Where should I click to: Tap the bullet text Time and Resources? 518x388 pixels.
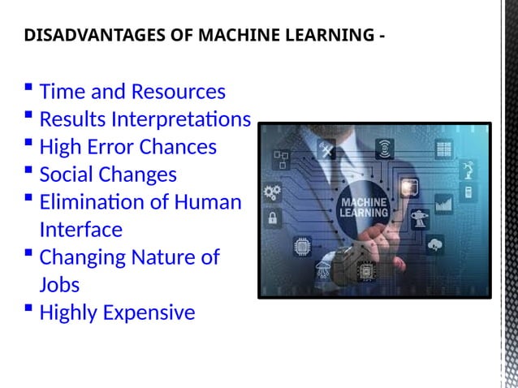[132, 92]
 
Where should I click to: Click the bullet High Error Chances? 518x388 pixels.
[127, 147]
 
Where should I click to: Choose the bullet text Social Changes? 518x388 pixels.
[107, 175]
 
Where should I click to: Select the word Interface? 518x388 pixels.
[80, 230]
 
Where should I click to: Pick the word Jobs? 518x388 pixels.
[59, 285]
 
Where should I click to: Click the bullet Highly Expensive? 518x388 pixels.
[117, 313]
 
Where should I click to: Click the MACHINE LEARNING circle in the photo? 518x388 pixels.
[363, 208]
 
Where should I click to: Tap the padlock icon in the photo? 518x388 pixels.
[271, 218]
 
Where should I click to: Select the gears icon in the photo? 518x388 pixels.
[273, 192]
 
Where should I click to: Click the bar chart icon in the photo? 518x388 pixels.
[443, 203]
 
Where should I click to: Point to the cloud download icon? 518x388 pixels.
[435, 244]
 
